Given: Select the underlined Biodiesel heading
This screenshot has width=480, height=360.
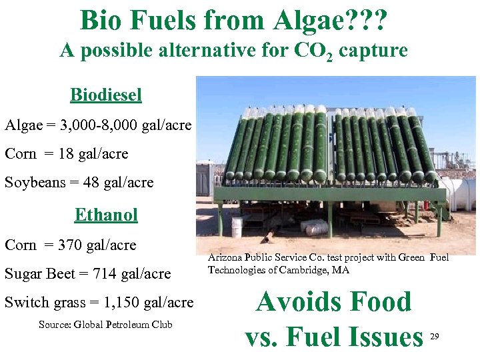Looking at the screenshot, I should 106,95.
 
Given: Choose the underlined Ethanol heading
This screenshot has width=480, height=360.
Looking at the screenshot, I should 106,215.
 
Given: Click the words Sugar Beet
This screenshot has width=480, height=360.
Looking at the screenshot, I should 41,273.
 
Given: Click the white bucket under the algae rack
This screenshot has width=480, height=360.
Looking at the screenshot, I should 237,226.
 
